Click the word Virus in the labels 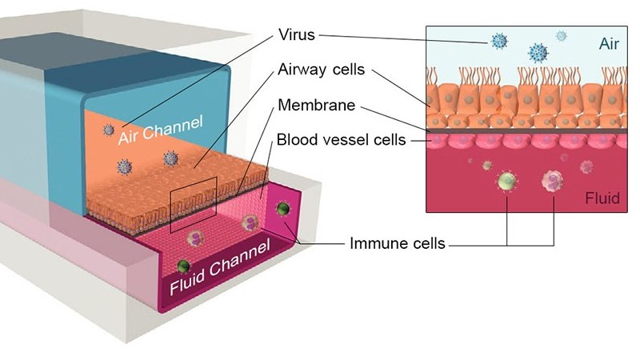tap(298, 35)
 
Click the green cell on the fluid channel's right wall tap(282, 210)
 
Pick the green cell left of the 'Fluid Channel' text tap(184, 266)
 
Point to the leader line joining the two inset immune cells tap(530, 242)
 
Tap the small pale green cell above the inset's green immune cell tap(487, 166)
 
